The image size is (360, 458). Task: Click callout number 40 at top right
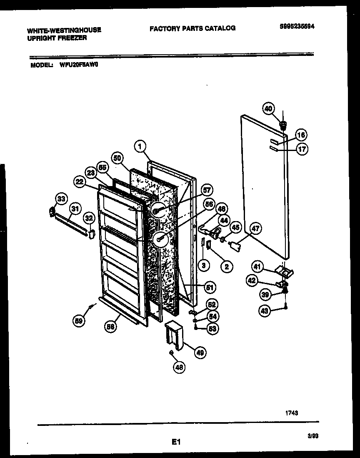point(269,108)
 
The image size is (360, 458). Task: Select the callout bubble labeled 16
point(302,135)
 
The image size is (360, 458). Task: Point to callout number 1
point(140,146)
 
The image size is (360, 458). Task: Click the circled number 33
point(61,199)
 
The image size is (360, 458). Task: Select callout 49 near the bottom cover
point(200,353)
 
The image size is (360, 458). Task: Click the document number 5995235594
point(297,26)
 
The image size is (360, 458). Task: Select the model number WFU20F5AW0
point(78,65)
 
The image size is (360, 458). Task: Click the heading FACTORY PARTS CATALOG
point(192,28)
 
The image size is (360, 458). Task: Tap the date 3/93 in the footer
point(313,435)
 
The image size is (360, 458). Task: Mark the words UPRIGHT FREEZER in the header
point(57,38)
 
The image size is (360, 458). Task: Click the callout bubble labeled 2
point(227,266)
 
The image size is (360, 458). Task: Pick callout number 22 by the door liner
point(80,182)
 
